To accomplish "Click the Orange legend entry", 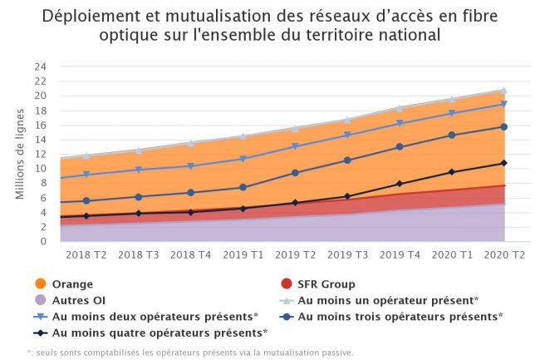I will (71, 284).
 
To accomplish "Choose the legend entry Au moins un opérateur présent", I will (387, 300).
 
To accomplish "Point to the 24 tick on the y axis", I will (41, 67).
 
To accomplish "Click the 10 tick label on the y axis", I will (41, 169).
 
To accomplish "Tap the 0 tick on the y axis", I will (43, 242).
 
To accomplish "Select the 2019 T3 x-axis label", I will (360, 253).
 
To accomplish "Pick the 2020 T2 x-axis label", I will (503, 253).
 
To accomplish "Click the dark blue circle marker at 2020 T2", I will (503, 127).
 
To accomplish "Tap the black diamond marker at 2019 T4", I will (399, 184).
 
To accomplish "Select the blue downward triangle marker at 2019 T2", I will (295, 147).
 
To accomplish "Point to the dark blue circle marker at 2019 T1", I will (243, 188).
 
